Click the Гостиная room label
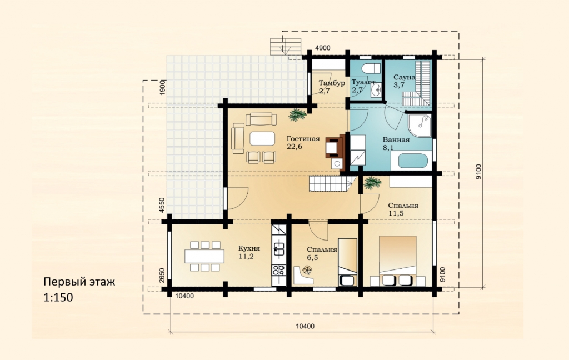click(x=303, y=139)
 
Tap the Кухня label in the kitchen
click(x=249, y=248)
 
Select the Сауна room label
click(x=405, y=77)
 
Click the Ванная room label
click(x=396, y=139)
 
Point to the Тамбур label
click(x=332, y=83)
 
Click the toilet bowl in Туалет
click(x=371, y=68)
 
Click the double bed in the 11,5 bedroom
click(x=398, y=260)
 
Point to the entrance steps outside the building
click(x=286, y=46)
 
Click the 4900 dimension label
click(x=323, y=48)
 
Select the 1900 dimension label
click(x=162, y=87)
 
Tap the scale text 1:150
click(x=58, y=298)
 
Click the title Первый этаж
click(x=79, y=282)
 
